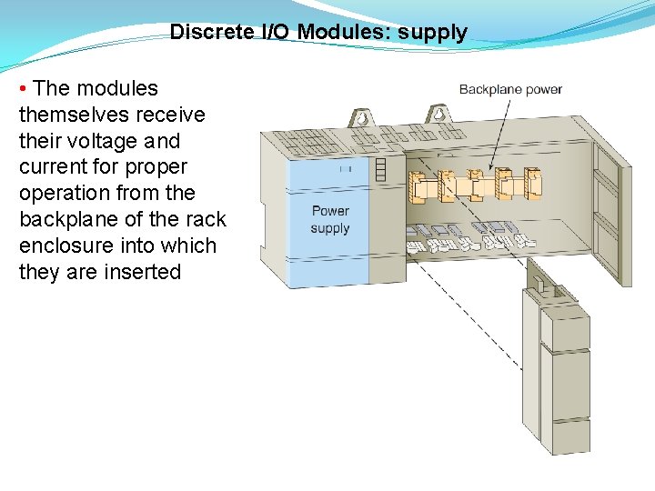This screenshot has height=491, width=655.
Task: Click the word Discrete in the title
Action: click(x=212, y=33)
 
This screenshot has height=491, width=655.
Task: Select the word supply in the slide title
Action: click(x=432, y=34)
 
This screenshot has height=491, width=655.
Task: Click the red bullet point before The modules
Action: click(x=24, y=88)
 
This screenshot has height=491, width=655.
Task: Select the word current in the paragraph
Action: click(x=54, y=167)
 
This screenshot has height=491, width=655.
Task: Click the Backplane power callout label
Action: click(x=510, y=89)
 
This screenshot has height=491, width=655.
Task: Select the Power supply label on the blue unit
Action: click(x=329, y=219)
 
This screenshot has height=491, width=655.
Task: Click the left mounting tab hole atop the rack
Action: click(x=360, y=119)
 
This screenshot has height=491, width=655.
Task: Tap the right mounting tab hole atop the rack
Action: click(x=438, y=115)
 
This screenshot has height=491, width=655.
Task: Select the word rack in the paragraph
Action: click(x=207, y=220)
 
